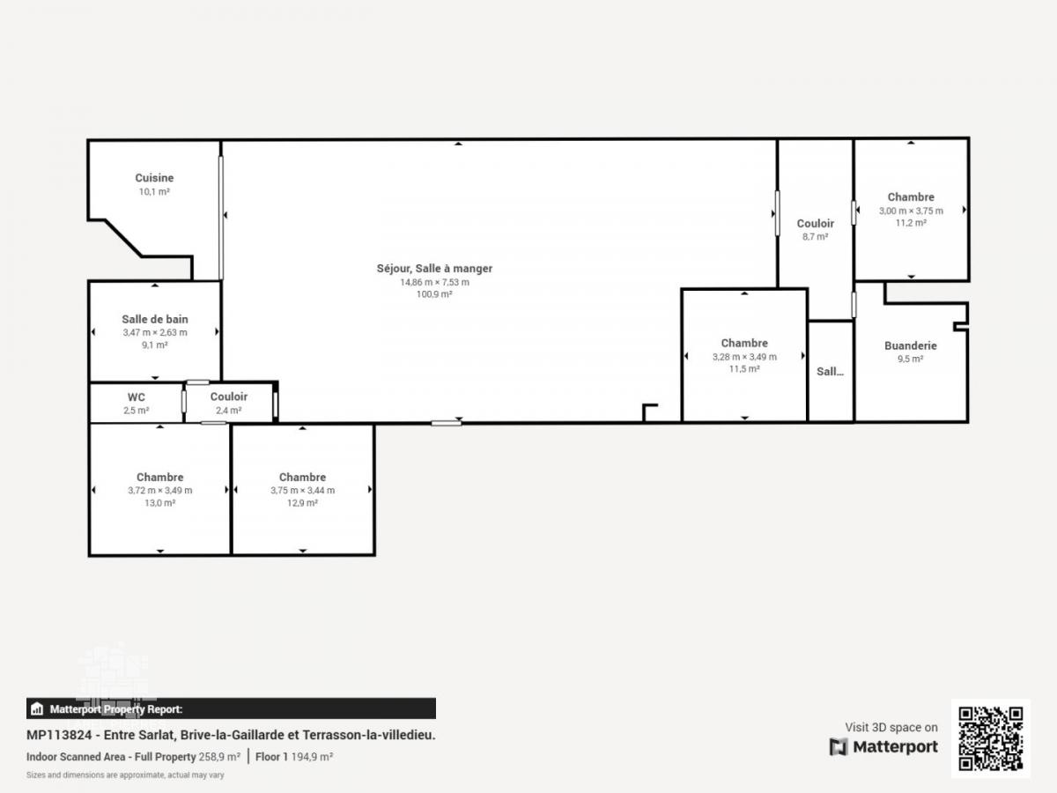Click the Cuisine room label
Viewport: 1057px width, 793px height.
pyautogui.click(x=154, y=178)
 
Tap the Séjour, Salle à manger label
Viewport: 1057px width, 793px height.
pyautogui.click(x=434, y=269)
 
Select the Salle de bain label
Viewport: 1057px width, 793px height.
pyautogui.click(x=154, y=319)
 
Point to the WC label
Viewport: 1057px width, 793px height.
pyautogui.click(x=136, y=397)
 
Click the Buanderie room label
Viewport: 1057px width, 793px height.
pyautogui.click(x=910, y=345)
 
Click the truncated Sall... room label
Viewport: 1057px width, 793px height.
pyautogui.click(x=830, y=372)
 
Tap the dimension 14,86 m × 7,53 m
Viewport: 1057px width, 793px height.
pyautogui.click(x=434, y=282)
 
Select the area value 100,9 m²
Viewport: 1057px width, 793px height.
pyautogui.click(x=434, y=294)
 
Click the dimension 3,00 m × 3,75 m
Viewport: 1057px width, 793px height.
pyautogui.click(x=911, y=211)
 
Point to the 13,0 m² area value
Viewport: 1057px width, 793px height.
pyautogui.click(x=160, y=502)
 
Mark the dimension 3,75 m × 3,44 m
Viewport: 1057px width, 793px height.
pyautogui.click(x=302, y=490)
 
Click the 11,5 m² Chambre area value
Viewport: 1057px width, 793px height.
pyautogui.click(x=744, y=369)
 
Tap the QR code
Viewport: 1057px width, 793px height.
pyautogui.click(x=990, y=738)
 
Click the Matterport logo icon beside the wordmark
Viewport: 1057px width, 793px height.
pyautogui.click(x=839, y=747)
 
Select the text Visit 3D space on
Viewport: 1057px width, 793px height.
pyautogui.click(x=891, y=727)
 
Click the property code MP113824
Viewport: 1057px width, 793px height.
pyautogui.click(x=59, y=735)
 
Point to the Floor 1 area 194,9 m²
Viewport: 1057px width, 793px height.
pyautogui.click(x=293, y=757)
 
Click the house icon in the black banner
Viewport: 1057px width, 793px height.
pyautogui.click(x=37, y=708)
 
